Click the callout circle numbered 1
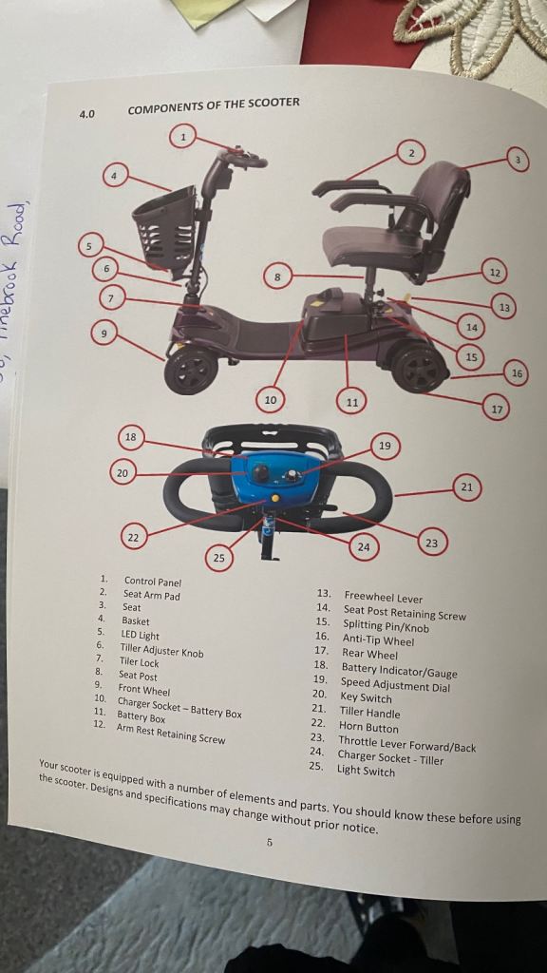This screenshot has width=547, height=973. point(182,136)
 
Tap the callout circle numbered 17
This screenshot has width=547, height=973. point(496,409)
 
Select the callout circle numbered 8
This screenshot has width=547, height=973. point(278,277)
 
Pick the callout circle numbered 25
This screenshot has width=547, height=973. point(219,558)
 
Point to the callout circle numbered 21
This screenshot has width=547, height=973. point(467,487)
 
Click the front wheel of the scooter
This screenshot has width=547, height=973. point(191,370)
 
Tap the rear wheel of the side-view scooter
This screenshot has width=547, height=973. point(419,368)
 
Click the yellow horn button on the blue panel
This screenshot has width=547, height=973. point(274,498)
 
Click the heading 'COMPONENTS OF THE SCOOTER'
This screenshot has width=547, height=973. point(214,105)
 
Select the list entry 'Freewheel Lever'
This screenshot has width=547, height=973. point(384,598)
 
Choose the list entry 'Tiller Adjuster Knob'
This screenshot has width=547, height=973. point(162,651)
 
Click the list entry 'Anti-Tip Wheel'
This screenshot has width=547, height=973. point(378,639)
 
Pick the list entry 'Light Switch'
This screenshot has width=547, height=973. point(366,772)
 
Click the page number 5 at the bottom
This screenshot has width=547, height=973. point(269,843)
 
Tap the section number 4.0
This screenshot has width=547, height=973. point(86,114)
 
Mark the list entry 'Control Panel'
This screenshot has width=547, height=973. point(153,582)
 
